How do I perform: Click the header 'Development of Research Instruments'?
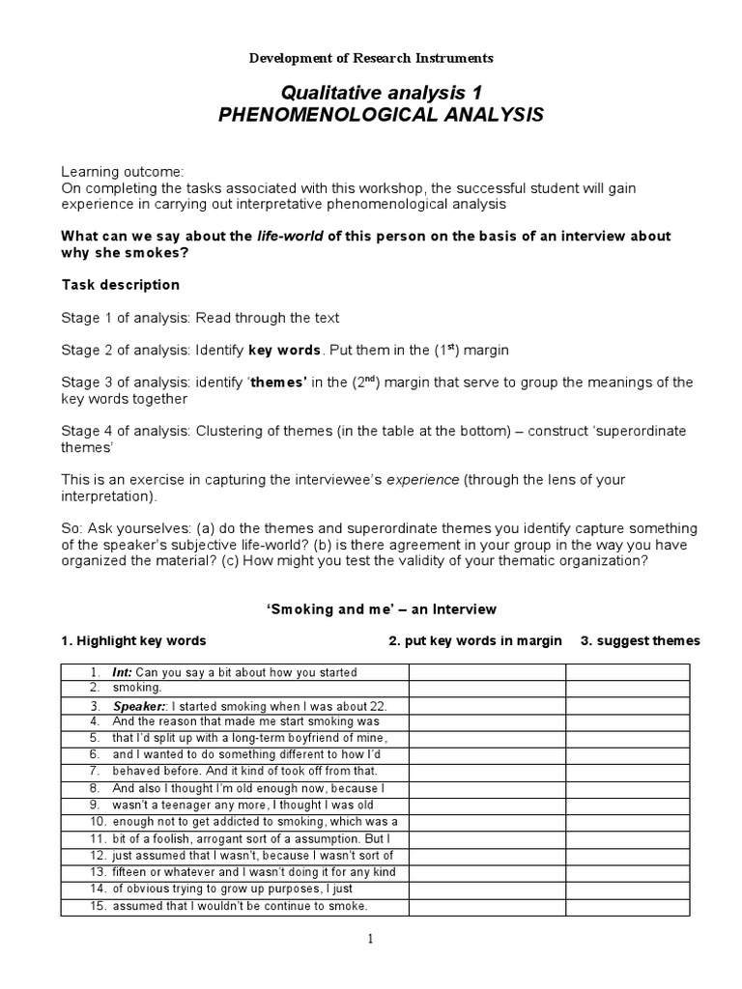[371, 58]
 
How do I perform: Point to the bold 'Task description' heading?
[120, 285]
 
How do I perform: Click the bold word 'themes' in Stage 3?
[278, 382]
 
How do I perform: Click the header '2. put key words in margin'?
[474, 641]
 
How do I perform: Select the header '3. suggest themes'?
[640, 641]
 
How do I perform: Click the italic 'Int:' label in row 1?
[123, 672]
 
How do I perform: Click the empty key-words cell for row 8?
[486, 788]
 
